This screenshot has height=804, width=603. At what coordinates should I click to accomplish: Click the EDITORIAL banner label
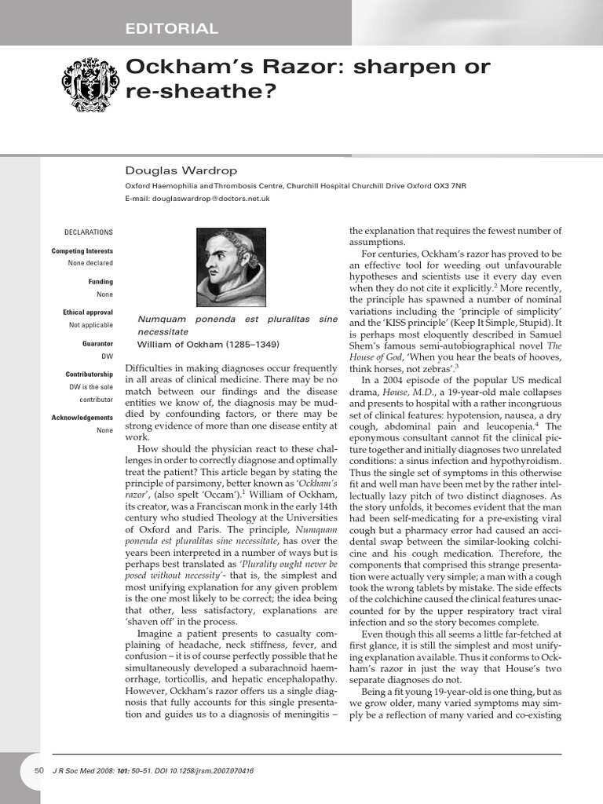[171, 29]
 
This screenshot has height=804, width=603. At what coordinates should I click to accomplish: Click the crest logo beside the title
[89, 81]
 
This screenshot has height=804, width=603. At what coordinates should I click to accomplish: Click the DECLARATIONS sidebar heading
[88, 232]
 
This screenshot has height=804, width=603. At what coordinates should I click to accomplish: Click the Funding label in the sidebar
[100, 282]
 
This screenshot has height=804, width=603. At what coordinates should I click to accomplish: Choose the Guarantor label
[97, 344]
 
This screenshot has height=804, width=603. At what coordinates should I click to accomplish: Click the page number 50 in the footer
[39, 771]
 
